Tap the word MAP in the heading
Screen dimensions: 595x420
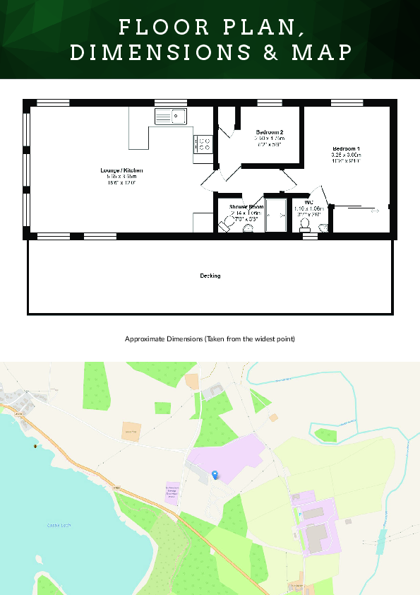coord(320,52)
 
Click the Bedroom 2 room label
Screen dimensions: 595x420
coord(270,133)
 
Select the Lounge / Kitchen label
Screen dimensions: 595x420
coord(121,171)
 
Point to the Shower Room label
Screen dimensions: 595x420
coord(246,207)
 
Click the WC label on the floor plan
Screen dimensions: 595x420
coord(308,203)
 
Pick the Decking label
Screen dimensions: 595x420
coord(210,276)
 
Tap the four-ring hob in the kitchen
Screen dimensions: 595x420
coord(204,144)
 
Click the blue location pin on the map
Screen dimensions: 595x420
coord(215,475)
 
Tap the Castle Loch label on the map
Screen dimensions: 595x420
coord(59,525)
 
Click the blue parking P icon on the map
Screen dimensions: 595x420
coord(299,513)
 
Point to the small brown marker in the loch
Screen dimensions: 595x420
coord(33,447)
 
